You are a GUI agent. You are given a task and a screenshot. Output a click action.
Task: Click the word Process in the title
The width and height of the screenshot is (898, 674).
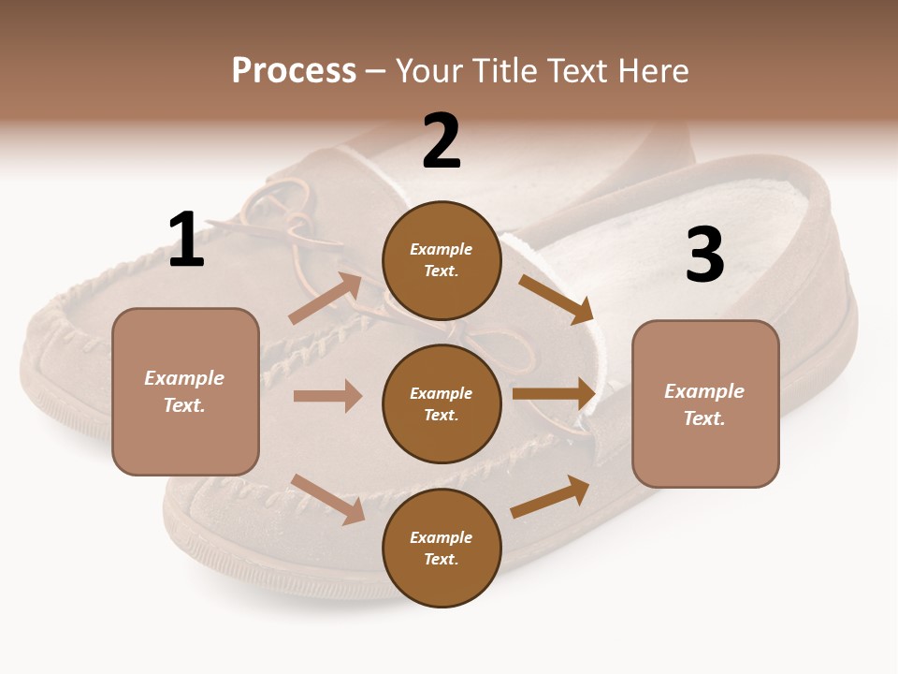coord(294,70)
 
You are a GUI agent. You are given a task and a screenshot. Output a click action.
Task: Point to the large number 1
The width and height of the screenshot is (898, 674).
coord(186,241)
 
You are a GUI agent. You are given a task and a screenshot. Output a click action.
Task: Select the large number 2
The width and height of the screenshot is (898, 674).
coord(442,141)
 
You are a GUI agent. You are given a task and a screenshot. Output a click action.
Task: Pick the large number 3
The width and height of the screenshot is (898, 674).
coord(704,255)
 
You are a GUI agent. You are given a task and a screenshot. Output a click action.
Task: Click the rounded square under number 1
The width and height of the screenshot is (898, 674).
coord(185,391)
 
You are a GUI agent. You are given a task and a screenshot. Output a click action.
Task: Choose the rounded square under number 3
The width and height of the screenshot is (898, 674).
coord(705,403)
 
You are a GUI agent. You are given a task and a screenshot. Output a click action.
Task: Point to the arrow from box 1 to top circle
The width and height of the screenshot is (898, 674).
coord(325,299)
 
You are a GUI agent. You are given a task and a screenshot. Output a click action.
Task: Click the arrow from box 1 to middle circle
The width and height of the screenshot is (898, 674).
coord(327,396)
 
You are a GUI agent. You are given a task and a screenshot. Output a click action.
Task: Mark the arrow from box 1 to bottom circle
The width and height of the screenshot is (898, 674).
coord(327,499)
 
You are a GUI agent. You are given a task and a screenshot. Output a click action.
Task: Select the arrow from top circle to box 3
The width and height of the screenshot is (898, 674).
coord(557,299)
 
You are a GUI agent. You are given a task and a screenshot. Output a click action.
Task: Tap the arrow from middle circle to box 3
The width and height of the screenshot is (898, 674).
coord(554,394)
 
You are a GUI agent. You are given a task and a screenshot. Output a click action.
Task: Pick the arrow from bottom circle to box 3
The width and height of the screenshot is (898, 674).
coord(550,497)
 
